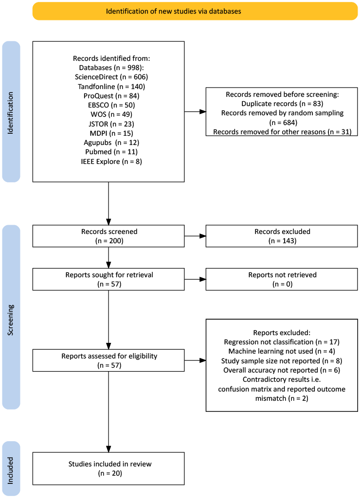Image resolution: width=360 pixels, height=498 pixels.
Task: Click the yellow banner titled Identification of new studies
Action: click(195, 11)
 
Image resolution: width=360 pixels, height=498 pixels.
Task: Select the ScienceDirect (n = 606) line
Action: click(111, 77)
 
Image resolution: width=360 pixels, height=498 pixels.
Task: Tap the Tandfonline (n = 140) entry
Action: click(111, 87)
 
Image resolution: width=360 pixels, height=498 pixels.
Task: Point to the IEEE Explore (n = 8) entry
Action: click(111, 161)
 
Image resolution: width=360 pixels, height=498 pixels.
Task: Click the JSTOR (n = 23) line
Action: click(111, 124)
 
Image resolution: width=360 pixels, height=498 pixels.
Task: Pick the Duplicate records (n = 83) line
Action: click(282, 104)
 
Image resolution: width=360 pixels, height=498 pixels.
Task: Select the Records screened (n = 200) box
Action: click(108, 236)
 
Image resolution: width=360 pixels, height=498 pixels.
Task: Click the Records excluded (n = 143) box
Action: click(282, 236)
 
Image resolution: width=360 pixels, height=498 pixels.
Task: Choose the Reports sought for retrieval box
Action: click(108, 279)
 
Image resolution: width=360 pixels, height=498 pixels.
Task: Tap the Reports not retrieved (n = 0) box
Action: click(282, 279)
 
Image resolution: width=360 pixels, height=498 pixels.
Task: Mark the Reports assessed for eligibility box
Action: click(108, 360)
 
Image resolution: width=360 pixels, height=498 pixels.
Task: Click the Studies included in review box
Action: click(108, 468)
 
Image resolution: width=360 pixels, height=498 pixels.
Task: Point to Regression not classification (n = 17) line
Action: click(282, 342)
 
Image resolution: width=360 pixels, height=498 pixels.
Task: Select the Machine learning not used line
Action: click(282, 351)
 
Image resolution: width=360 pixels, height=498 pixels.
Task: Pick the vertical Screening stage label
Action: click(11, 320)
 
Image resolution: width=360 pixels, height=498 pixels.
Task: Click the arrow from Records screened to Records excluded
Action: click(195, 236)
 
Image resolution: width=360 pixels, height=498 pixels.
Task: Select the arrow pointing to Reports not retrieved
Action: click(195, 279)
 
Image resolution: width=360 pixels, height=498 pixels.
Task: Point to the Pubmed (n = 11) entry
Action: click(111, 152)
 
